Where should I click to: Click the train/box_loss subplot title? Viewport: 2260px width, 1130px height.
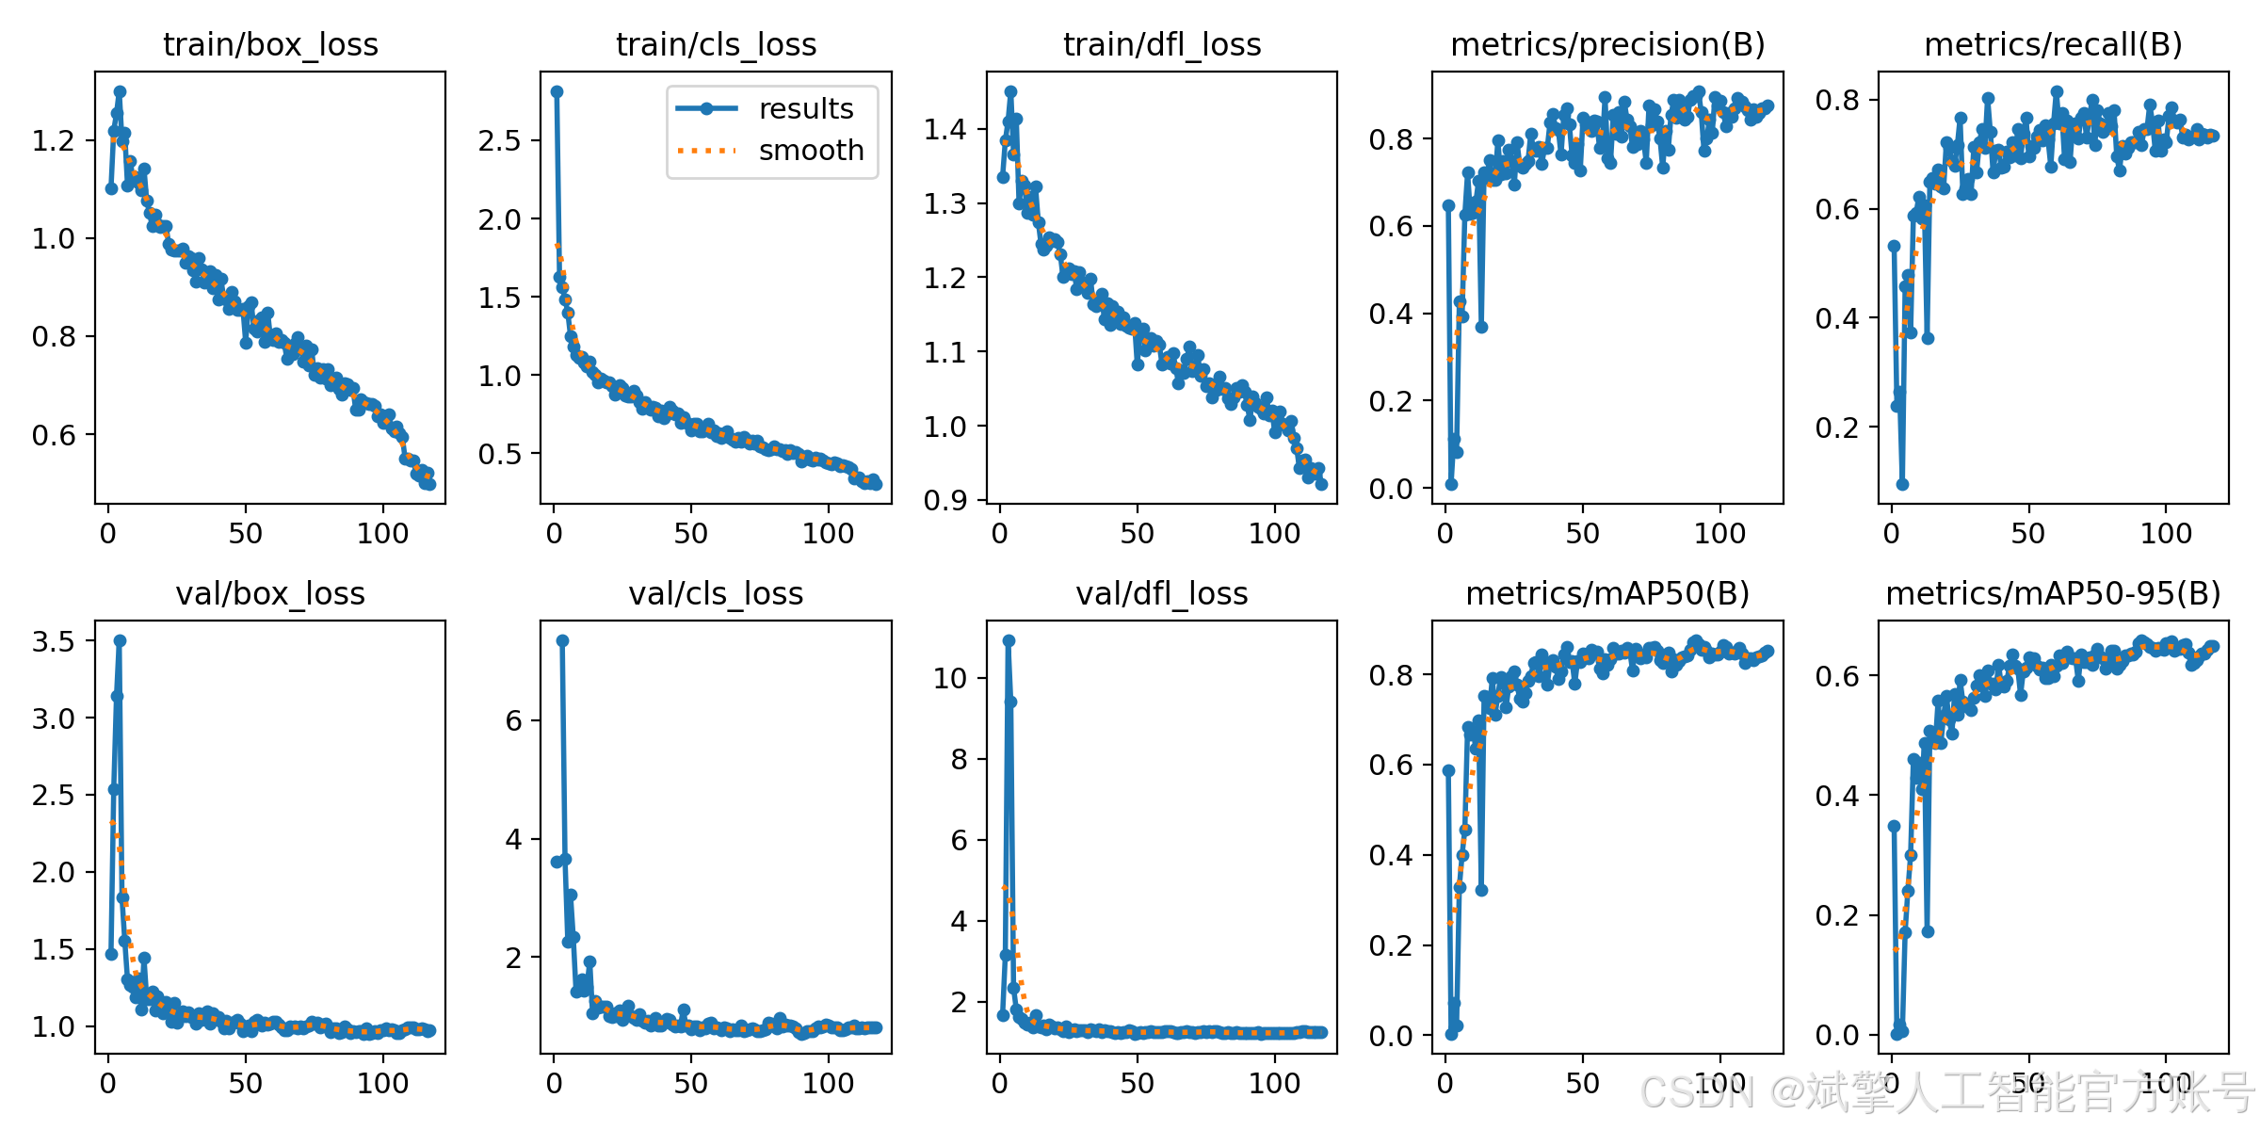[x=270, y=44]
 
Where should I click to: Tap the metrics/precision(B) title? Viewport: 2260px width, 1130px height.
[x=1607, y=44]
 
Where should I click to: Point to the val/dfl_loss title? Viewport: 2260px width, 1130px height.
[x=1162, y=593]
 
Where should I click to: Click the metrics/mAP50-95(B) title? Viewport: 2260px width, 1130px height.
[x=2053, y=593]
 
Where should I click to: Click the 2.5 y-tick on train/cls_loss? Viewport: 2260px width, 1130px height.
[x=499, y=140]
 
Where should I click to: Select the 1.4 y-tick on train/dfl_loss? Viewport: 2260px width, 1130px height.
[x=945, y=129]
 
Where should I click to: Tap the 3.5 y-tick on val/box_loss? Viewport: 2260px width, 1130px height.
[x=54, y=641]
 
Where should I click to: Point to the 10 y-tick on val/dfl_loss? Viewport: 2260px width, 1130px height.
[x=950, y=678]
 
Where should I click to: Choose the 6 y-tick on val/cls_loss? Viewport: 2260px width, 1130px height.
[x=513, y=720]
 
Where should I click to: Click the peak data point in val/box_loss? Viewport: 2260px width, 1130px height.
[x=120, y=640]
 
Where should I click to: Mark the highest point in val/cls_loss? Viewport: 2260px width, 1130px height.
[x=562, y=640]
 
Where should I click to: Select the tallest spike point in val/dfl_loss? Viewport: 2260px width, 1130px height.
[x=1009, y=640]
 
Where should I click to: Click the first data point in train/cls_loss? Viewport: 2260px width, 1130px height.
[x=557, y=91]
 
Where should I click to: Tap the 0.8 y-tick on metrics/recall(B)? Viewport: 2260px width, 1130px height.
[x=1837, y=100]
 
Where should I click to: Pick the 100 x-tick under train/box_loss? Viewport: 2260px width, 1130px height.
[x=382, y=534]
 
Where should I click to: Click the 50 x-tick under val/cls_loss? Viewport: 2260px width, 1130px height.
[x=691, y=1083]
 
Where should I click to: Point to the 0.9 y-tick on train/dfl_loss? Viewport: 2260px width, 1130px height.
[x=945, y=500]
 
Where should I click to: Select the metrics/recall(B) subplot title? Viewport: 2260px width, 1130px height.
[x=2053, y=44]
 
